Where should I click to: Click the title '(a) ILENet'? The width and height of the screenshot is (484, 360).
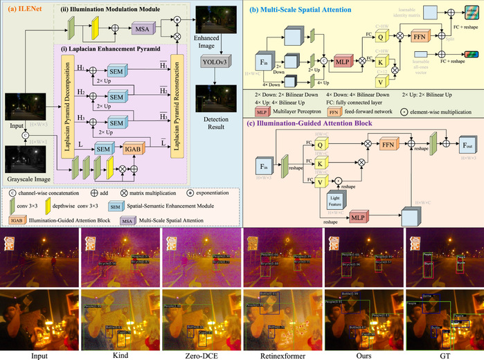pyautogui.click(x=26, y=9)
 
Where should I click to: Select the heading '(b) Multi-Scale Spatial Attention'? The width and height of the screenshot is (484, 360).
pyautogui.click(x=303, y=9)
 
